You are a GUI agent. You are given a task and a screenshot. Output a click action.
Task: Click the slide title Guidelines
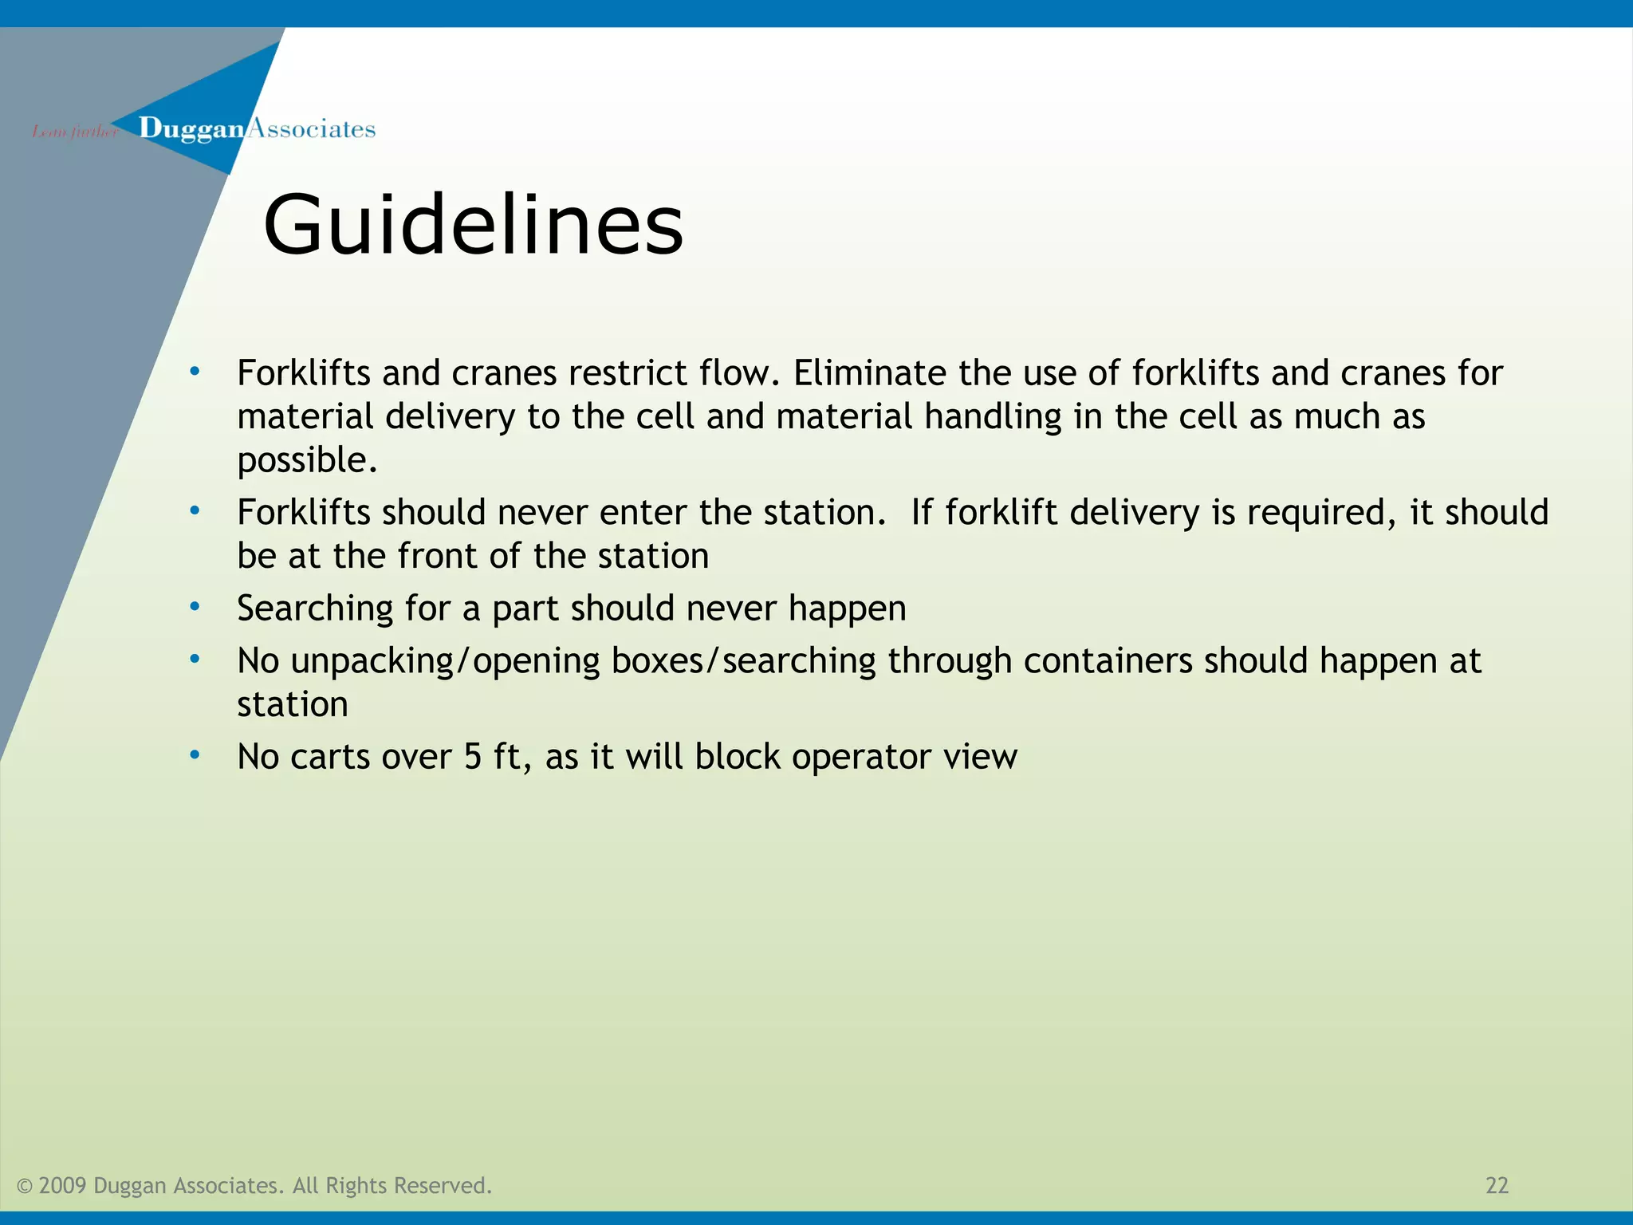(473, 226)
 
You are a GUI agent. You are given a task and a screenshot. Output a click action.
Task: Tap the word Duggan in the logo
(191, 129)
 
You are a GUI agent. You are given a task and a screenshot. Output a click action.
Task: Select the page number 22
(1497, 1186)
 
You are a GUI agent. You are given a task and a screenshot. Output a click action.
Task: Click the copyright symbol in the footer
(25, 1187)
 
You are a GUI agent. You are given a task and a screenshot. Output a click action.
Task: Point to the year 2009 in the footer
(62, 1186)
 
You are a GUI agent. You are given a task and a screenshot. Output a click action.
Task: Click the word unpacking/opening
(446, 662)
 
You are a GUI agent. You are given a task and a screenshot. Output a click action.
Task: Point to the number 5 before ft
(473, 757)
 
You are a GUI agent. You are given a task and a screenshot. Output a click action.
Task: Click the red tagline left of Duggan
(74, 132)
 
